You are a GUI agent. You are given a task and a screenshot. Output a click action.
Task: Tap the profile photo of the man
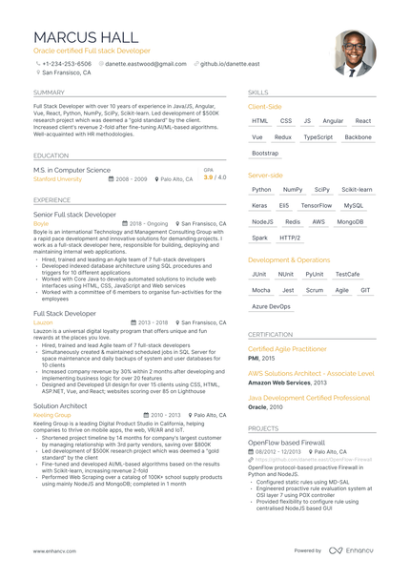[x=355, y=52]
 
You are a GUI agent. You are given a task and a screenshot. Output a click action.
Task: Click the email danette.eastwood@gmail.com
[x=146, y=64]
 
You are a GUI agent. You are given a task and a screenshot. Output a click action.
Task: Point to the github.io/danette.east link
[x=230, y=64]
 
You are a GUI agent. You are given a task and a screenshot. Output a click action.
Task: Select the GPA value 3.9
[x=209, y=177]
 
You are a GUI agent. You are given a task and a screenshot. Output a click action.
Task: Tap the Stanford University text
[x=57, y=178]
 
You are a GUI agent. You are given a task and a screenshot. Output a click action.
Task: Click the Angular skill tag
[x=333, y=121]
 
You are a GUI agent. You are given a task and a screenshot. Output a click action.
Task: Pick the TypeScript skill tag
[x=318, y=136]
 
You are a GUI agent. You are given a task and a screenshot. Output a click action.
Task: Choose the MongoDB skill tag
[x=350, y=221]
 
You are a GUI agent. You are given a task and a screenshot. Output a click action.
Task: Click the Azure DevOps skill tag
[x=271, y=306]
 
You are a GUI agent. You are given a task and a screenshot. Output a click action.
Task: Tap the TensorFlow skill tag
[x=316, y=205]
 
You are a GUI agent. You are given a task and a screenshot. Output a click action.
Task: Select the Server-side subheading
[x=265, y=176]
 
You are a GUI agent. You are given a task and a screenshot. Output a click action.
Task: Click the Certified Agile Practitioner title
[x=287, y=349]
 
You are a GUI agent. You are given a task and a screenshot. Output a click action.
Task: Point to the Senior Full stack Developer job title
[x=74, y=215]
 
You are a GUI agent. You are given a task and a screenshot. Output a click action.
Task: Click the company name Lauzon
[x=43, y=322]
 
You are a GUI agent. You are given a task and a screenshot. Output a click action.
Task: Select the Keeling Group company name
[x=51, y=415]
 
